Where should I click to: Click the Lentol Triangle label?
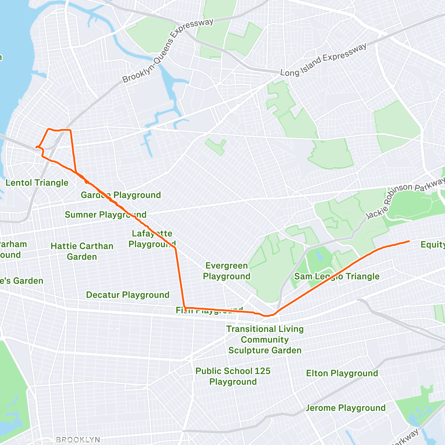(x=37, y=183)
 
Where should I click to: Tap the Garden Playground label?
(x=121, y=195)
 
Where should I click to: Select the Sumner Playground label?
(x=106, y=215)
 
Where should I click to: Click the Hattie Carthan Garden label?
(x=82, y=251)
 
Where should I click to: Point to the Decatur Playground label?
(x=128, y=295)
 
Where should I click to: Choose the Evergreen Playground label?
(x=227, y=271)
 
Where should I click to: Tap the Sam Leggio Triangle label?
(x=337, y=277)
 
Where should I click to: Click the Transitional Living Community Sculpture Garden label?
(x=265, y=340)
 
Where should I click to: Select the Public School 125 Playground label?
(x=233, y=376)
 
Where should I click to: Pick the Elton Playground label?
(x=342, y=373)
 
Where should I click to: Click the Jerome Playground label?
(x=346, y=408)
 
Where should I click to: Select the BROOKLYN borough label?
(x=78, y=440)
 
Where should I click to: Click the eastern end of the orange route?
(x=409, y=241)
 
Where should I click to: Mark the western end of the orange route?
(x=36, y=148)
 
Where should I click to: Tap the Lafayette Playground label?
(x=152, y=239)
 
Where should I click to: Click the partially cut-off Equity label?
(x=433, y=245)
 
